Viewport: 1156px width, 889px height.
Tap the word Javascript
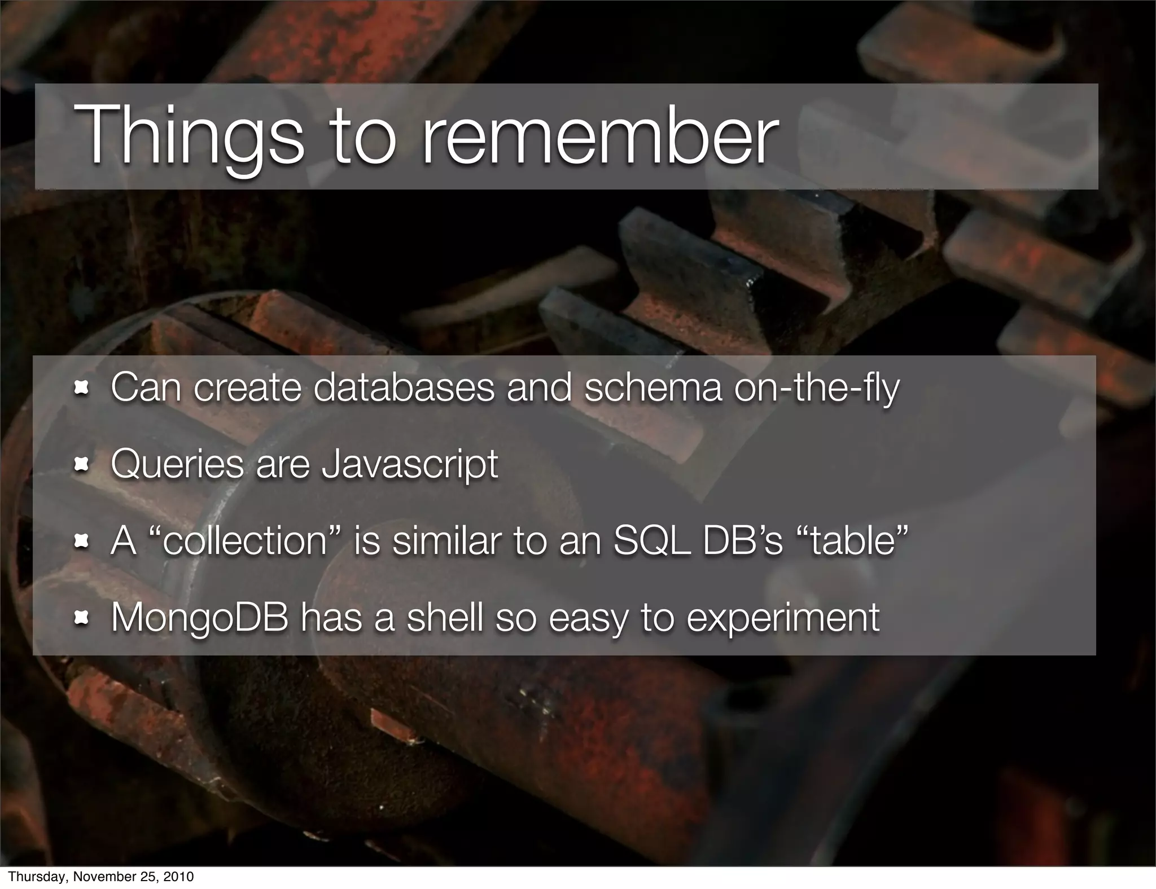410,464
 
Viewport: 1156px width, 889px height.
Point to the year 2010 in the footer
179,877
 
